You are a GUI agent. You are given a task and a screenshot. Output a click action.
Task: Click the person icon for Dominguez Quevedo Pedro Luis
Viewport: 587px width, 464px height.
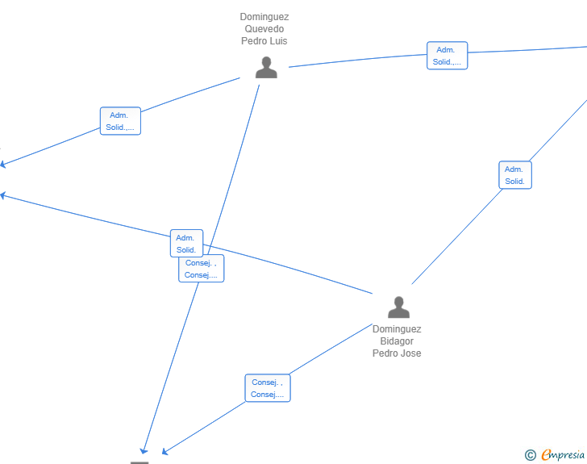[x=266, y=68]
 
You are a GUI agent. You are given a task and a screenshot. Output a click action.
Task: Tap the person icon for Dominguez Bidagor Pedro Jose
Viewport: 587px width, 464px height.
[x=398, y=307]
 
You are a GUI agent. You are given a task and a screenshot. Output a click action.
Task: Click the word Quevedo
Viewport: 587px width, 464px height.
[x=264, y=29]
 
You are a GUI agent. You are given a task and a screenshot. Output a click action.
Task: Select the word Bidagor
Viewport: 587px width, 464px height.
[x=397, y=341]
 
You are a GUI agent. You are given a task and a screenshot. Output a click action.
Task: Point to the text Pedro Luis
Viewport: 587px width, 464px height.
[x=264, y=41]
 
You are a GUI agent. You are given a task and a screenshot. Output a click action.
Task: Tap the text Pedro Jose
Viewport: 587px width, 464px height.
[x=397, y=353]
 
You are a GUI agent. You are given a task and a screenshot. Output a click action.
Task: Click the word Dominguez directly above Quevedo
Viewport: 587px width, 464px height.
[x=264, y=17]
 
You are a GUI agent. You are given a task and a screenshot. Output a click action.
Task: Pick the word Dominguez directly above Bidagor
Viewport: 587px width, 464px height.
[x=397, y=329]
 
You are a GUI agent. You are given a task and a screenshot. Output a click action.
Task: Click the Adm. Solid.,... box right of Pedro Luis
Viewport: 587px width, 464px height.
[x=447, y=56]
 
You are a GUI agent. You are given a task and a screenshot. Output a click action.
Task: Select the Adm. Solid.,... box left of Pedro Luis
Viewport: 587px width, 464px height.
[x=120, y=121]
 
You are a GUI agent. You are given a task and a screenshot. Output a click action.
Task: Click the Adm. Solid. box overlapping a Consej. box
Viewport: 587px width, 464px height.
[x=186, y=243]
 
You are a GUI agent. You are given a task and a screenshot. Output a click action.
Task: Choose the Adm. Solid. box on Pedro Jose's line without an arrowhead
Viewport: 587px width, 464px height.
[x=515, y=175]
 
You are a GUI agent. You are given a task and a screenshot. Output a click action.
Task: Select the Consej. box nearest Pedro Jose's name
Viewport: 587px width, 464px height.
[x=268, y=388]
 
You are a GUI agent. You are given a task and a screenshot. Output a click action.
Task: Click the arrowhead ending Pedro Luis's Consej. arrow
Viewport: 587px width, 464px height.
[x=144, y=451]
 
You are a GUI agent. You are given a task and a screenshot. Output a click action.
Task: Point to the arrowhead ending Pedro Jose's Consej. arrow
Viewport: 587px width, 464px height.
[x=165, y=452]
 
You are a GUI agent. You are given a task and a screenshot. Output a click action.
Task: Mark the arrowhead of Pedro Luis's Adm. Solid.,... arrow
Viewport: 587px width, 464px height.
[x=2, y=164]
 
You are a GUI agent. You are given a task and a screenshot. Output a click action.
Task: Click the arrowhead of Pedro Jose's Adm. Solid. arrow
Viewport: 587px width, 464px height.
[x=2, y=195]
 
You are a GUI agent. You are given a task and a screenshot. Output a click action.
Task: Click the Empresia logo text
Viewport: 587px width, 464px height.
[x=563, y=455]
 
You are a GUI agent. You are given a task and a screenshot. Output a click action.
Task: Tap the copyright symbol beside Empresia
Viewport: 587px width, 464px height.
[x=531, y=455]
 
